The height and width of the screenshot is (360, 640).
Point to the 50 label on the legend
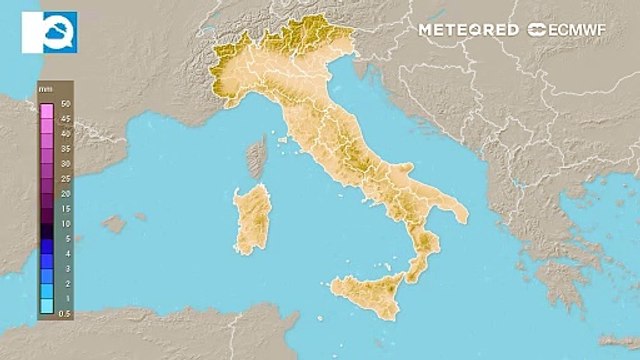pyautogui.click(x=64, y=104)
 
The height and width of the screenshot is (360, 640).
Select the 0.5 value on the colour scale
pyautogui.click(x=64, y=314)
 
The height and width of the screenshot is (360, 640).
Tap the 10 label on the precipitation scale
pyautogui.click(x=64, y=223)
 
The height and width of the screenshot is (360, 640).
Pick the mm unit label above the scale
pyautogui.click(x=45, y=90)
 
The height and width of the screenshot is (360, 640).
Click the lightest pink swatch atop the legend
pyautogui.click(x=46, y=104)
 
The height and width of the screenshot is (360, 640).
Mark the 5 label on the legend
pyautogui.click(x=64, y=239)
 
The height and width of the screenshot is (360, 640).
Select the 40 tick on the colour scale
pyautogui.click(x=64, y=133)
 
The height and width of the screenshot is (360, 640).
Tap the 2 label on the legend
pyautogui.click(x=64, y=283)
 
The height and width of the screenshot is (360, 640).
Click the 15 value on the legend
pyautogui.click(x=64, y=208)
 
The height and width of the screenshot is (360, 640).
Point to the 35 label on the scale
pyautogui.click(x=64, y=148)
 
